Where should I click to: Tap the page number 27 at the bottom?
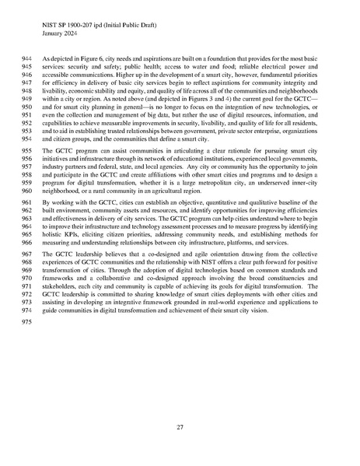[180, 426]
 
